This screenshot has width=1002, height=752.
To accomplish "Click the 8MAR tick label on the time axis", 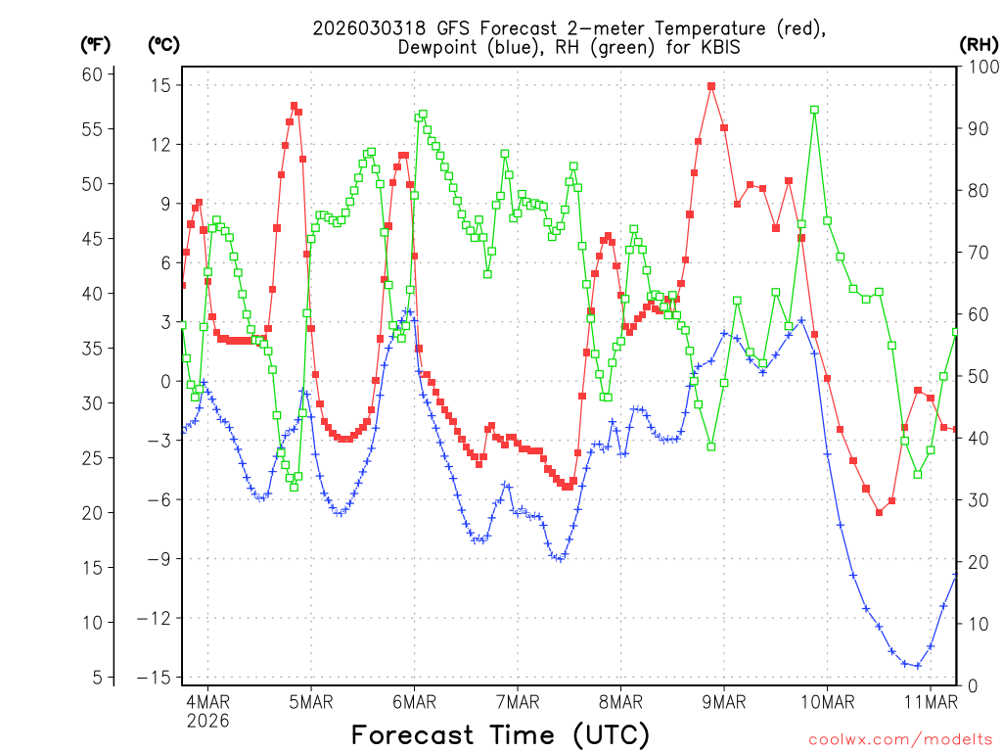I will coord(620,701).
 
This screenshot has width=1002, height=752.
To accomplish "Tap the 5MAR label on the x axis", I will coord(311,701).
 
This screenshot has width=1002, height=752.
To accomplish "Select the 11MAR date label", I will coord(930,701).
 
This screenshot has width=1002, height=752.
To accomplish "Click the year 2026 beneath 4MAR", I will coord(207,721).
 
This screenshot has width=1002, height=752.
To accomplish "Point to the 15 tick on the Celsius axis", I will coord(159,85).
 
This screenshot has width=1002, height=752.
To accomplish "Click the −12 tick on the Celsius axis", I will coord(154,619).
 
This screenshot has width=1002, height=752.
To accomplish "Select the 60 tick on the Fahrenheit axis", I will coord(92,74).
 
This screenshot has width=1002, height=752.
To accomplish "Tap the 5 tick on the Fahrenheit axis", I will coord(97,678).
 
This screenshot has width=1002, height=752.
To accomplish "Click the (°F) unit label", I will coord(96,44).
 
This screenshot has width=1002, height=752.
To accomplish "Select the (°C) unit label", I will coord(163,44).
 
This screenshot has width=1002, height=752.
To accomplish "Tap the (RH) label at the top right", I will coord(979,44).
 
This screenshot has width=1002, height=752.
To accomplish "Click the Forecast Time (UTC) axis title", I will coord(500,734).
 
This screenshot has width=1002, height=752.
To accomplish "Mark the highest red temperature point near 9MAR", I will coord(711,86).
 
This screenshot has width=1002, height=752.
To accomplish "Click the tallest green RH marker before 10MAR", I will coord(814,110).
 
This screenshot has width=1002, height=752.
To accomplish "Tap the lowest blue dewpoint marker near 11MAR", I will coord(917,666).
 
